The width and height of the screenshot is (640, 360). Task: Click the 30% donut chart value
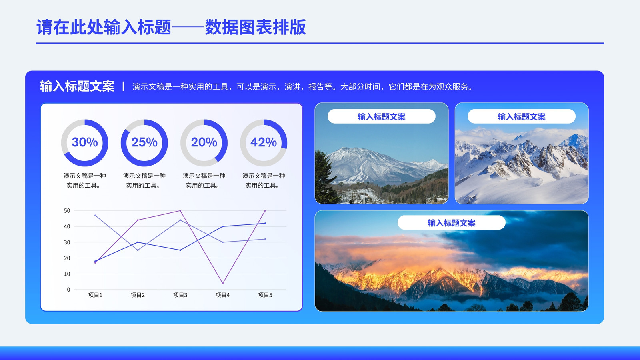84,142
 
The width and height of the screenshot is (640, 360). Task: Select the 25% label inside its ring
144,142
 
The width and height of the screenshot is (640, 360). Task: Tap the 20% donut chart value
204,142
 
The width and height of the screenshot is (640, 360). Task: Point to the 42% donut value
264,142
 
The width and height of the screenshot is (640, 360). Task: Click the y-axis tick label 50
67,211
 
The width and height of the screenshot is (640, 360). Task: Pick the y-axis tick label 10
67,274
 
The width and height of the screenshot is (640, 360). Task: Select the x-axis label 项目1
95,295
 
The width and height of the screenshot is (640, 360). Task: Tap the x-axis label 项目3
180,295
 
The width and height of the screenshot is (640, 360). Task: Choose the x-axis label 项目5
265,295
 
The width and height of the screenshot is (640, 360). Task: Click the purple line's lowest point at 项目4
222,283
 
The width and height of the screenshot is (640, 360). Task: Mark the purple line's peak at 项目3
180,210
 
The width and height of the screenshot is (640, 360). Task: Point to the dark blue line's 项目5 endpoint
265,223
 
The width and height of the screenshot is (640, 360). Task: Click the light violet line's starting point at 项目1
95,216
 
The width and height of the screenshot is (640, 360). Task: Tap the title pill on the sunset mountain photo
452,222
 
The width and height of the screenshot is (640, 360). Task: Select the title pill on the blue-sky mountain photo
382,116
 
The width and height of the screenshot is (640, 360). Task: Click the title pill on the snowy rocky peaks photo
522,116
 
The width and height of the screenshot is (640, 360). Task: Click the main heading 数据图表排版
256,28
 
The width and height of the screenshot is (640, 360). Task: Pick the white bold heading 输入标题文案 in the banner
77,86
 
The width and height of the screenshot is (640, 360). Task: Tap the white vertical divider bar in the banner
123,86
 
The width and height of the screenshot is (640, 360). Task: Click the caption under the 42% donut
264,180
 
